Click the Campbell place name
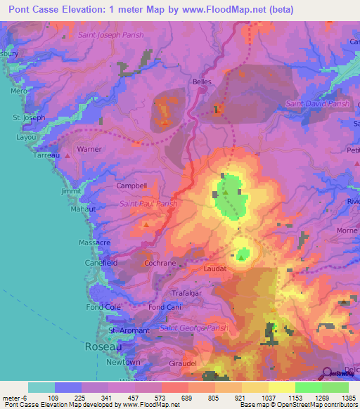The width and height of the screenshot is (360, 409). point(131,186)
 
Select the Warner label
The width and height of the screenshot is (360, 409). point(89,149)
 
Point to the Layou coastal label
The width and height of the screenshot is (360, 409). point(27,138)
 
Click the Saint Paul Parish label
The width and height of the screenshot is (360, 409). point(148,204)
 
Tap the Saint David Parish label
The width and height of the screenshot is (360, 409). point(318,104)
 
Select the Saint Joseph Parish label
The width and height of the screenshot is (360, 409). point(111,34)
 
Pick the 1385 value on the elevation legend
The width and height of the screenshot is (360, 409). point(347,398)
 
